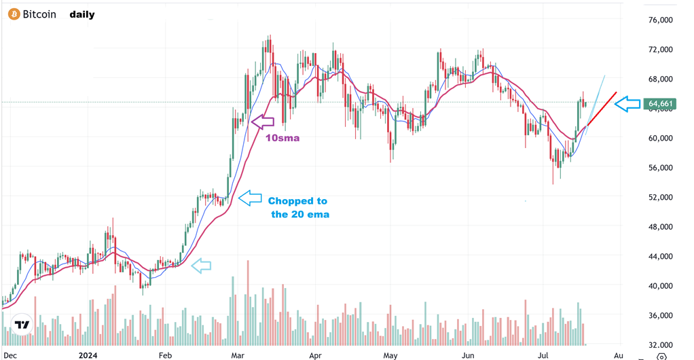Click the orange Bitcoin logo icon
[14, 14]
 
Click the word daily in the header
[82, 14]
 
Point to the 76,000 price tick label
[660, 20]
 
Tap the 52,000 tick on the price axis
[660, 198]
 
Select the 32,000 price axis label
[660, 345]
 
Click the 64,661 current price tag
[660, 104]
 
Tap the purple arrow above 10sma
[262, 122]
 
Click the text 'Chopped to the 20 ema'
[297, 207]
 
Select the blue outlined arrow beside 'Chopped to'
[250, 198]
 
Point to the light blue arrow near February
[201, 266]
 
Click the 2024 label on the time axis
[88, 355]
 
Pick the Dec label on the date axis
[12, 355]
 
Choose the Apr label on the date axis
[314, 355]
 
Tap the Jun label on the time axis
[467, 355]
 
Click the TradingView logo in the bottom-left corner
[22, 325]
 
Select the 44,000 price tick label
[660, 257]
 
